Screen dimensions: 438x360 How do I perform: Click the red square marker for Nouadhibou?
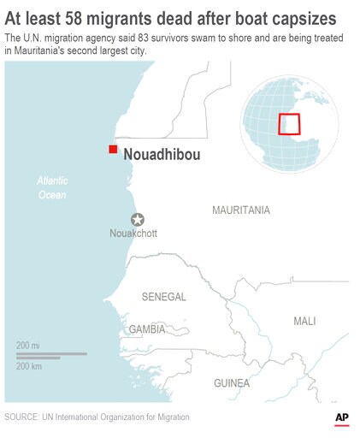point(112,150)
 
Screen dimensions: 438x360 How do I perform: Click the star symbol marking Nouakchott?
point(137,219)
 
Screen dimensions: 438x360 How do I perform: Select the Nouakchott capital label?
point(133,234)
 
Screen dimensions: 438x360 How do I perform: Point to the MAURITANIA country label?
point(240,210)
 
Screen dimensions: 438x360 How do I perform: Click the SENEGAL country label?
point(163,297)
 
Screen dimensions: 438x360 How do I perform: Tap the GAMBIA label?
point(146,329)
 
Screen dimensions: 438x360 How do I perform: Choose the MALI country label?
point(304,321)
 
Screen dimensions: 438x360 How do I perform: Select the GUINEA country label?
point(232,382)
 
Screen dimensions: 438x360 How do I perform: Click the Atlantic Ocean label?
point(51,188)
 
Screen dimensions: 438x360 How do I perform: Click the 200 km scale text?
point(30,366)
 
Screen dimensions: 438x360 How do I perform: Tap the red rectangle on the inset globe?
point(290,125)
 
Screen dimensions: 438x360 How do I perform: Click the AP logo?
point(342,417)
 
